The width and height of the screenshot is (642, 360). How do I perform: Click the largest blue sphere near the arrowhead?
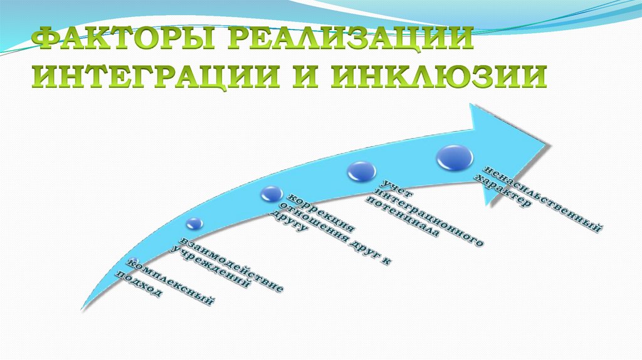point(455,157)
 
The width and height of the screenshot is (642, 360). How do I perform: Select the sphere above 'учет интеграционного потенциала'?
point(362,171)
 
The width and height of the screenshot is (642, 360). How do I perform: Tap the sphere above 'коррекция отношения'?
point(272,194)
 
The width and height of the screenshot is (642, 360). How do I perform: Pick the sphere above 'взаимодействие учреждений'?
point(194,223)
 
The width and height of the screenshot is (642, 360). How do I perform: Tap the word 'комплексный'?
point(170,283)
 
